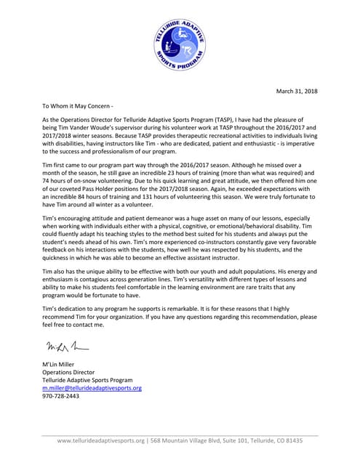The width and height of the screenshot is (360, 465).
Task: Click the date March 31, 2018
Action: (296, 91)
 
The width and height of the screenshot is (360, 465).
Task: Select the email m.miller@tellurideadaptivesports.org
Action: (92, 389)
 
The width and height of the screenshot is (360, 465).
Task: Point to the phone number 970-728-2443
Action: (63, 397)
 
